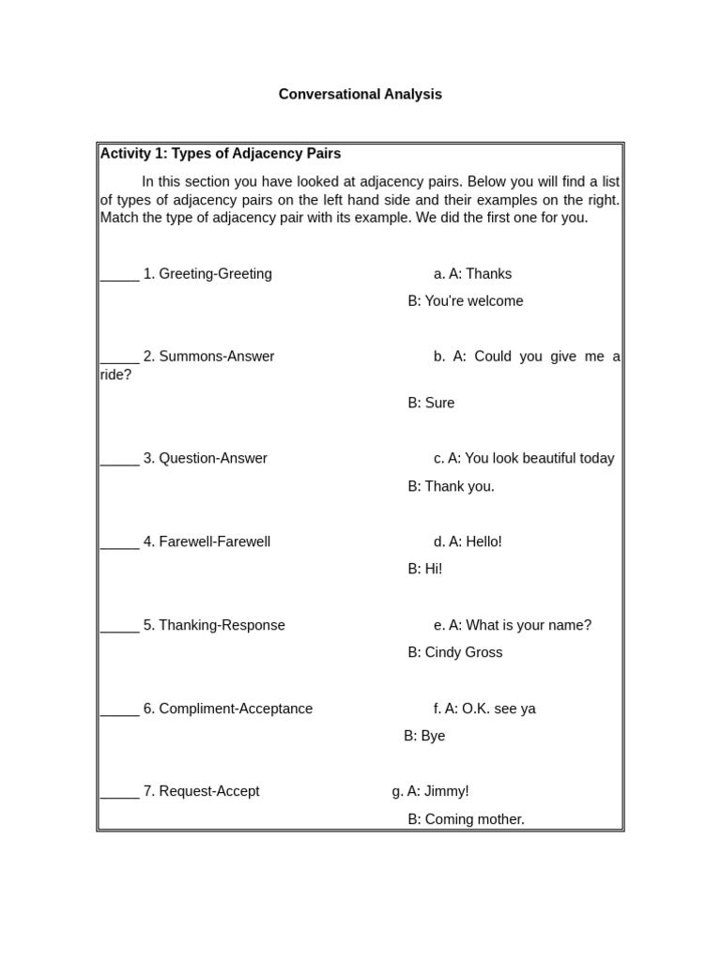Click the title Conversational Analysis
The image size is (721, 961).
[360, 95]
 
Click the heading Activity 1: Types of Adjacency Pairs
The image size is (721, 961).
[221, 154]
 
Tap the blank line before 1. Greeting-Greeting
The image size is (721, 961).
[119, 276]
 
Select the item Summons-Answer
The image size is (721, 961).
[216, 357]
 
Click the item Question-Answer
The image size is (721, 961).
[212, 459]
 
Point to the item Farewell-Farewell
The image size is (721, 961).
[214, 542]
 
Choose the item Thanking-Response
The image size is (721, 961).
[222, 626]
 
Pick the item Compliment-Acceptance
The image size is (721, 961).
[236, 709]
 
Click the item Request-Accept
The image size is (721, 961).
[208, 792]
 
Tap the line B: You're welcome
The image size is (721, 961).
[465, 301]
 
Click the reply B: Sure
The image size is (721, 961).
[431, 404]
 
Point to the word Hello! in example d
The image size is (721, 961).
[483, 542]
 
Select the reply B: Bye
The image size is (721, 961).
[424, 737]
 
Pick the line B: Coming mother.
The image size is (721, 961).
[466, 820]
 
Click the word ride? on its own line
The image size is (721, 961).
[115, 375]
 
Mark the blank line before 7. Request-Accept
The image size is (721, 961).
[119, 794]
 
